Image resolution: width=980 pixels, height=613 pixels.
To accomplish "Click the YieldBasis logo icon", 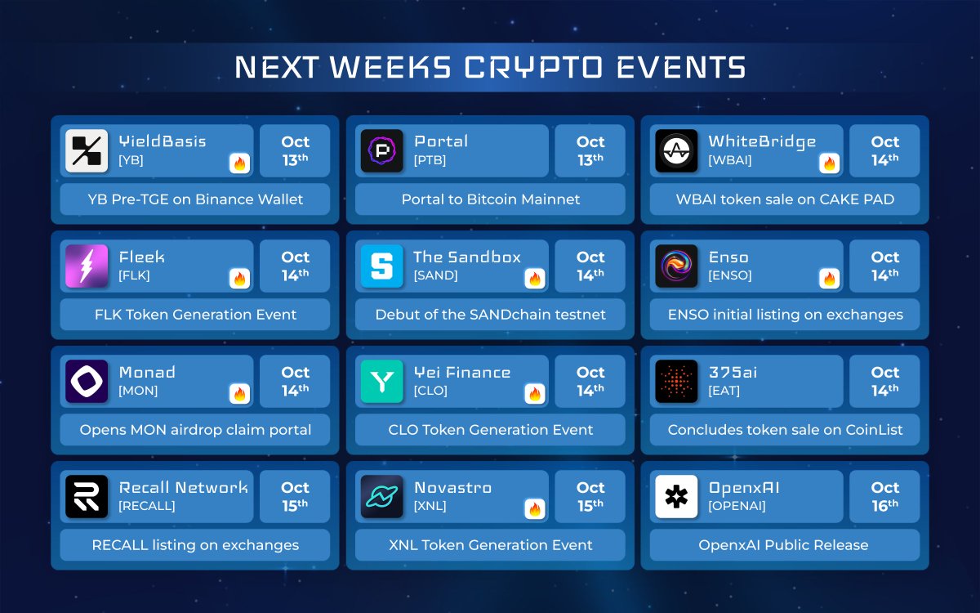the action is point(87,150).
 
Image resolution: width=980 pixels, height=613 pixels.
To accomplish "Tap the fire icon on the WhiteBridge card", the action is point(829,163).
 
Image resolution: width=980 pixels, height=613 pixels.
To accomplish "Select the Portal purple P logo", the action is point(381,150).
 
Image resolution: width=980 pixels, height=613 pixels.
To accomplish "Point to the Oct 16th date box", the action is point(884,497).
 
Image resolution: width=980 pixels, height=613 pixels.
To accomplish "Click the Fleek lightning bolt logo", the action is point(87,266).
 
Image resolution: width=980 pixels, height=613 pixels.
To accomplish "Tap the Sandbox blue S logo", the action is point(381,266).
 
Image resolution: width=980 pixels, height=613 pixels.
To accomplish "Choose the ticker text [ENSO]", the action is point(730,275).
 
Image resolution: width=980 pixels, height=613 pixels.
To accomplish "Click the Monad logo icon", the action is point(87,381).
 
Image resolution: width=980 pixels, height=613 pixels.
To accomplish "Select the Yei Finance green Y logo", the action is point(381,381).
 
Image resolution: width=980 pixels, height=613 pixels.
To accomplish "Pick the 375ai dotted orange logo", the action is point(676,381).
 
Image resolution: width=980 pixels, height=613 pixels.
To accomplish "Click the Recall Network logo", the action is point(87,497).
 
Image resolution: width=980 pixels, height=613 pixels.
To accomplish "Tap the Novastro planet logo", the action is point(381,497).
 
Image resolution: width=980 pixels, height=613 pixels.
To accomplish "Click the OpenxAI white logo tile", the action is point(676,497).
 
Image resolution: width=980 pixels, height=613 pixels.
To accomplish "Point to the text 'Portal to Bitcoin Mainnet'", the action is point(491,199).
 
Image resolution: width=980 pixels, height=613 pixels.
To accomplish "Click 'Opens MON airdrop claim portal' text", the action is point(195,430).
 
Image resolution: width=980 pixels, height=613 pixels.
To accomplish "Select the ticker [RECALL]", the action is point(146,506).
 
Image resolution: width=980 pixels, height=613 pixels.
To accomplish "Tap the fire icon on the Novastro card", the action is point(535,509).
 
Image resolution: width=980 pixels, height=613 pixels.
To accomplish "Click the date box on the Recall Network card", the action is point(295,497).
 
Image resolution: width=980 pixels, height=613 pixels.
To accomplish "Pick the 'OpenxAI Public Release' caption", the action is point(783,545).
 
